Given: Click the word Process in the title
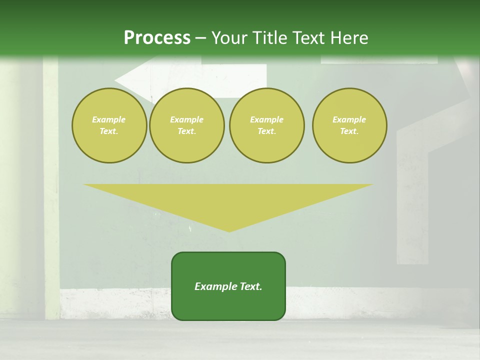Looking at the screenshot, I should pos(157,38).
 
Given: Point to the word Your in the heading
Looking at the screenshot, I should pos(230,38).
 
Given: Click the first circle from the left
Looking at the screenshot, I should pos(109,125).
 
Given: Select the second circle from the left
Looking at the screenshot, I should pos(187,125).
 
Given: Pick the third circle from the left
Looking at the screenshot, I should pos(266,125).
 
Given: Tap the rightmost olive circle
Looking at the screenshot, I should pos(349,125).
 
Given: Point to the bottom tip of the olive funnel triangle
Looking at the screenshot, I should pos(229,231).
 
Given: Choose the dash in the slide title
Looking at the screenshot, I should pos(201,38).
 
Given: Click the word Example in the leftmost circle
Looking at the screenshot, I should pos(109,119).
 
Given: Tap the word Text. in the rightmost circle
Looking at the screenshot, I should pos(349,131).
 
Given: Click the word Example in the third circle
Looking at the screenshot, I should pos(266,119).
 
